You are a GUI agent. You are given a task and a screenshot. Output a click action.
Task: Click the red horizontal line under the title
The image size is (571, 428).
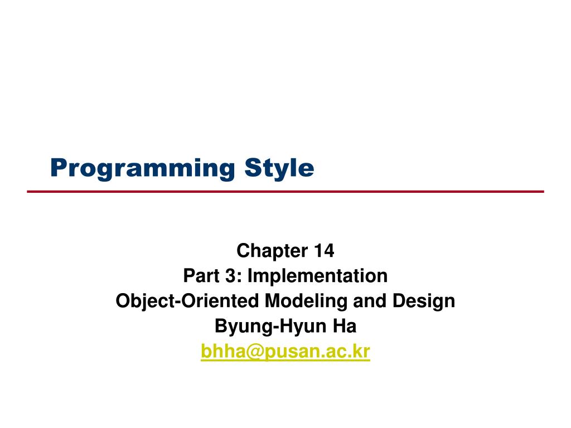pos(285,191)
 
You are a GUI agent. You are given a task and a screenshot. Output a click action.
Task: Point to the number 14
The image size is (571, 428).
pos(323,251)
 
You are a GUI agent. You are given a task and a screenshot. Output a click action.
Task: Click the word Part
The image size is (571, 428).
pos(197,276)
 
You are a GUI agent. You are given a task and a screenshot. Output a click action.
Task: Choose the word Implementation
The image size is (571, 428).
pos(317,276)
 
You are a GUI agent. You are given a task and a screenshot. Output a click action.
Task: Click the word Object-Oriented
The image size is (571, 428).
pos(187,301)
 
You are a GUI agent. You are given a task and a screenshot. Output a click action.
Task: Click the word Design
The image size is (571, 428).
pos(423,301)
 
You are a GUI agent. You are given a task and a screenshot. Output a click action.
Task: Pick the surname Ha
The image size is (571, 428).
pos(345,327)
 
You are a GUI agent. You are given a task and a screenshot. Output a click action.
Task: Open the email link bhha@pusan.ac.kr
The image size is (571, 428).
pos(285,352)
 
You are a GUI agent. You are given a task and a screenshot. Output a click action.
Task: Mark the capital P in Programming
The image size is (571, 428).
pos(56,167)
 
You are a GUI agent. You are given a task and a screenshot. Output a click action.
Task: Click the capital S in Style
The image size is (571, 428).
pos(249,167)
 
